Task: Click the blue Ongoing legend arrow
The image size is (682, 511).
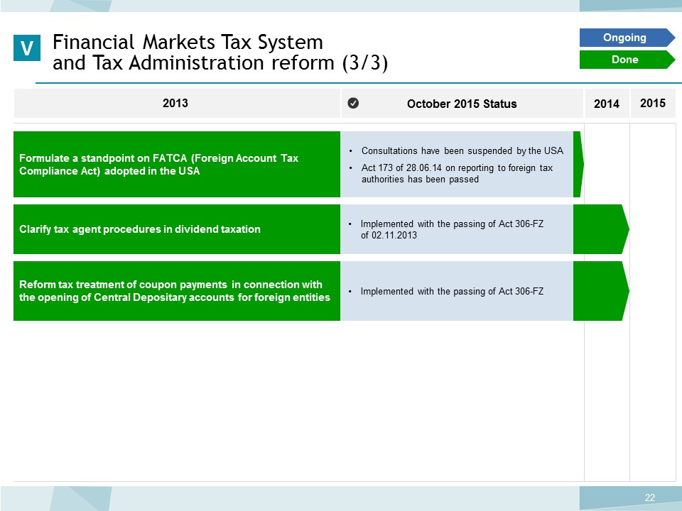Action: coord(627,38)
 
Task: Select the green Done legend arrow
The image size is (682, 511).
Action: coord(627,60)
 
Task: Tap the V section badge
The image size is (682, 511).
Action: coord(27,48)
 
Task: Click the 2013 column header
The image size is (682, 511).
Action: coord(175,103)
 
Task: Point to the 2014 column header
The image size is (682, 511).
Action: coord(606,104)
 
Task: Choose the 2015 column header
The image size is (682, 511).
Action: coord(652,103)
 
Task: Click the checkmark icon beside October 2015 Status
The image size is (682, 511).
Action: coord(353,103)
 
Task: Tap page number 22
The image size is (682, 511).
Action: coord(650,498)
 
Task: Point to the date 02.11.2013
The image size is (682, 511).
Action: coord(394,235)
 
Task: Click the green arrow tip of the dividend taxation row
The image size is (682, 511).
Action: coord(629,229)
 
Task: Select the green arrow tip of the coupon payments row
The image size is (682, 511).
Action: coord(629,291)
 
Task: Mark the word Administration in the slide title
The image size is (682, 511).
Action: coord(197,62)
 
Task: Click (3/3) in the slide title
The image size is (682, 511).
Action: coord(365,63)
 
